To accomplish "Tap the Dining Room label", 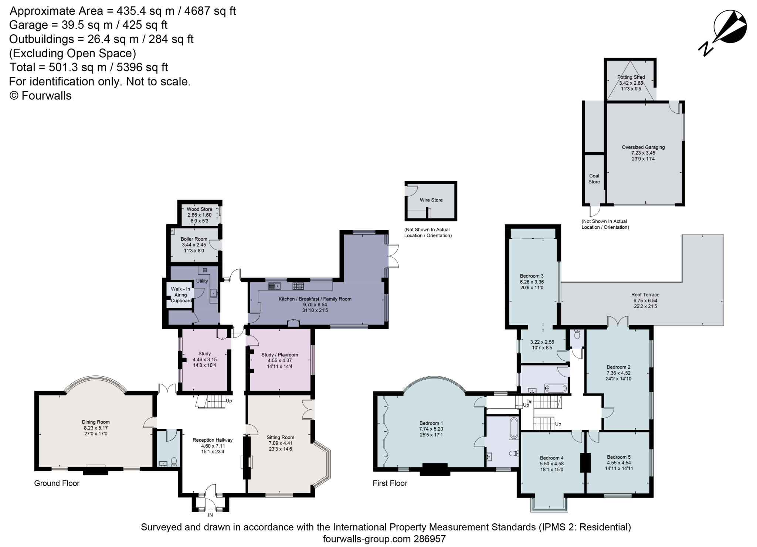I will (96, 422).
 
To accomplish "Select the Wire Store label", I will (431, 200).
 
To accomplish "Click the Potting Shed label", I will (631, 77).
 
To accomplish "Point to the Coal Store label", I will (594, 179).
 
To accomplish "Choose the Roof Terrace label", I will (645, 295).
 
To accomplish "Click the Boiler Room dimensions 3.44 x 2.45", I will (194, 245).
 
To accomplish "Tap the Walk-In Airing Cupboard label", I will (181, 295).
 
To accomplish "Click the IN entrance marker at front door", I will (210, 515).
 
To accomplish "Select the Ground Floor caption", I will (57, 483).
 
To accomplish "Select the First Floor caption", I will (390, 483).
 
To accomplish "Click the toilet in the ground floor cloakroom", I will (174, 462).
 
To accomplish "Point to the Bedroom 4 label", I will (551, 458).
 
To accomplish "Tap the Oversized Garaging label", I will (643, 147).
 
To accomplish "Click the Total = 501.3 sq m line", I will (89, 67).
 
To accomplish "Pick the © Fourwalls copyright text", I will (40, 96).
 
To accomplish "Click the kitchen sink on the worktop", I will (275, 285).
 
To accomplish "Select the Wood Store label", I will (199, 209).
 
